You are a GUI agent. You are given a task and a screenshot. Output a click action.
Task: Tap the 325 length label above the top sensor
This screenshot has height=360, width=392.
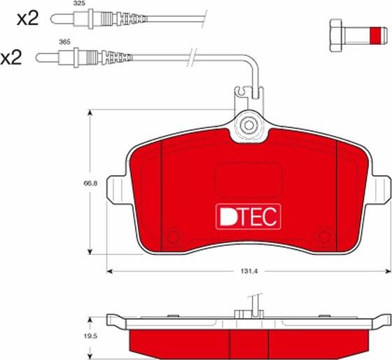[x=79, y=4]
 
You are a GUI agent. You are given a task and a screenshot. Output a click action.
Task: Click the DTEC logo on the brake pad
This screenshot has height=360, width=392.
[x=248, y=217]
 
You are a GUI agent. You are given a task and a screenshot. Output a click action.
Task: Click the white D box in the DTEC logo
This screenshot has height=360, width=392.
[x=227, y=217]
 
